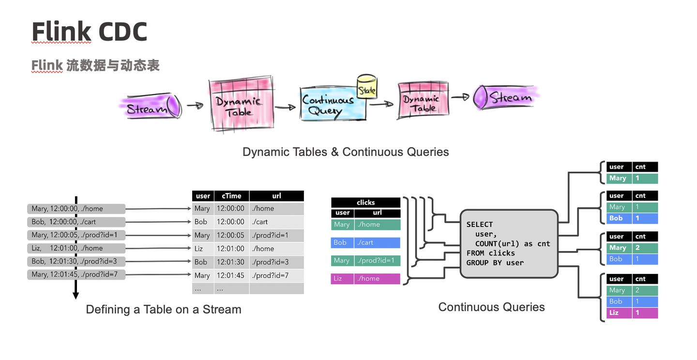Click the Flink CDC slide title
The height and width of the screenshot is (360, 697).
89,32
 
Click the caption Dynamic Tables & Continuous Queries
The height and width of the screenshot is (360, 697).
346,152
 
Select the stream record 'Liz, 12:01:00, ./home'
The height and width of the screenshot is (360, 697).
76,248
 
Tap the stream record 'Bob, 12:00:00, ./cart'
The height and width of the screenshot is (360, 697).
76,222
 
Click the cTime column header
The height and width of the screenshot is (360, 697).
231,196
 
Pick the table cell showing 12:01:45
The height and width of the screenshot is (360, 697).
231,275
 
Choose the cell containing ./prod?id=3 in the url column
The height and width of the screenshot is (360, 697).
276,262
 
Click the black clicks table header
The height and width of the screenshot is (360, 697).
365,202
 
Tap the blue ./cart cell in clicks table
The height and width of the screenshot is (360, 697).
377,242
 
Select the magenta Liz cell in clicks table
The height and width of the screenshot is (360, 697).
342,279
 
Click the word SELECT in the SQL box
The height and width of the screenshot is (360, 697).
479,225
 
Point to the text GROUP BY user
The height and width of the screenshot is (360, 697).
495,263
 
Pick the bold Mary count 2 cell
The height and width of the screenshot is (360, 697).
645,248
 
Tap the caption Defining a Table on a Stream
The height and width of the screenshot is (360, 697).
163,309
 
